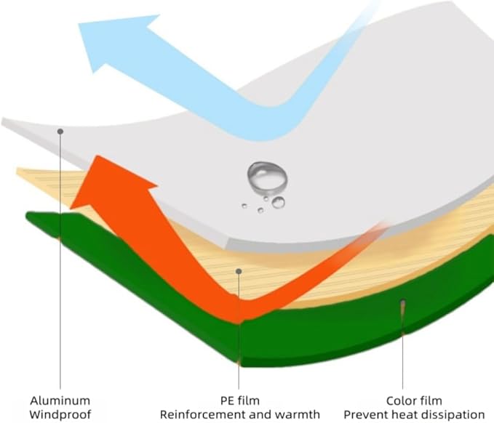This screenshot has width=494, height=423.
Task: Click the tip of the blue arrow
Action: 79,23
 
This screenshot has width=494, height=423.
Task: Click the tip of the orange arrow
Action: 98,156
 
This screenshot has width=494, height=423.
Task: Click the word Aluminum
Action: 60,400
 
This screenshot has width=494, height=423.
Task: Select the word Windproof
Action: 60,414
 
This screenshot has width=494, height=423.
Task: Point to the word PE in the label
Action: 227,400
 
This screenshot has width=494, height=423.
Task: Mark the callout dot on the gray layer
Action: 60,132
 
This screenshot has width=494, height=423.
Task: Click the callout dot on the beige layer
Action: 239,271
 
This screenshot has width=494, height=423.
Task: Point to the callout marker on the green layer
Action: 402,302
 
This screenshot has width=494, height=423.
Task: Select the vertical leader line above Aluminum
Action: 60,261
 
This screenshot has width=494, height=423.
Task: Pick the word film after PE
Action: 248,400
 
